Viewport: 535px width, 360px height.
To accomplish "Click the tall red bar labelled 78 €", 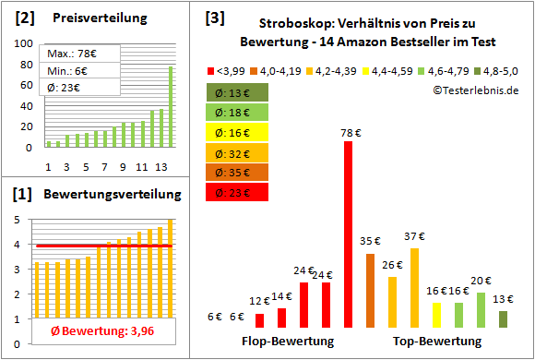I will click(x=348, y=235).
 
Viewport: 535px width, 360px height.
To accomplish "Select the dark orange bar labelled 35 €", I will click(x=370, y=291).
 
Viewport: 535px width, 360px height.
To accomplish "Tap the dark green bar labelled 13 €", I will click(x=503, y=319).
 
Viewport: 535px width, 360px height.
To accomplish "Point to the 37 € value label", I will click(x=413, y=238).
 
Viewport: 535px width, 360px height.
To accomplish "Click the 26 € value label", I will click(x=392, y=265).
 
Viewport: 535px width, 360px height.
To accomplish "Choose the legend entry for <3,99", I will click(x=226, y=71).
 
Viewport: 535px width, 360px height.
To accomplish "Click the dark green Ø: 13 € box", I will click(x=236, y=92).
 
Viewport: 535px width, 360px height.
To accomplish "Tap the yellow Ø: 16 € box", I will click(x=236, y=133).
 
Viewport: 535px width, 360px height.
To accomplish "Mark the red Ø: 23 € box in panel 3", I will click(x=236, y=193).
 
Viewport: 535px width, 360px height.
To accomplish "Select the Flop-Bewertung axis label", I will click(x=288, y=342).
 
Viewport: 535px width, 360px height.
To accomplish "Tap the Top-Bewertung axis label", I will click(x=437, y=342).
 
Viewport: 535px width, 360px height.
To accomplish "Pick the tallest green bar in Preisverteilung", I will click(x=170, y=107).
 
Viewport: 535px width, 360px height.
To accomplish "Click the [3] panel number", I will click(x=214, y=18).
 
